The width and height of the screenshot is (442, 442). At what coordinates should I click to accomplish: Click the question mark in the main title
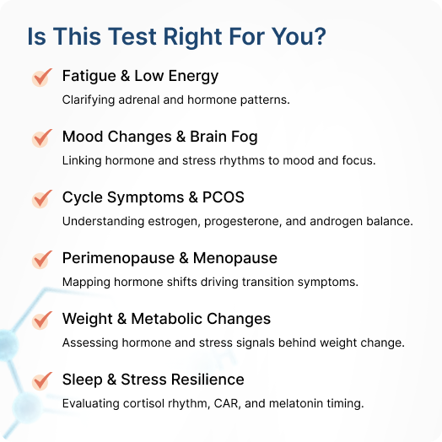(320, 36)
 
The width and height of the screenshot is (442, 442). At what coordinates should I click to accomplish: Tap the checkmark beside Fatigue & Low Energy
(42, 78)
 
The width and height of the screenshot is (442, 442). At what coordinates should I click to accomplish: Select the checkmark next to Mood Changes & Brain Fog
(42, 138)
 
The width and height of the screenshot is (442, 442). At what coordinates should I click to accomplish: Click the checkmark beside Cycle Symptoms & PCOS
(42, 199)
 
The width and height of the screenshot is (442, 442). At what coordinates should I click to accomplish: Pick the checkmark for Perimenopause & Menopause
(42, 260)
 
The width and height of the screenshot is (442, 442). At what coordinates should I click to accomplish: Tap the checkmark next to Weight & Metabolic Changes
(42, 321)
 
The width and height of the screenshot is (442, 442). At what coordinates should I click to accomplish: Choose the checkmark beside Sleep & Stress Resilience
(42, 381)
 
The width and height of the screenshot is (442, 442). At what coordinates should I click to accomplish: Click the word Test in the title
(132, 36)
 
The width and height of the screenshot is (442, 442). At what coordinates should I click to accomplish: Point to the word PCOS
(224, 197)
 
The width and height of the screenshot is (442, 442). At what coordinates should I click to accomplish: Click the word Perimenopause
(118, 258)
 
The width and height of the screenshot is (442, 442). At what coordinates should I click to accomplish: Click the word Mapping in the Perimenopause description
(86, 283)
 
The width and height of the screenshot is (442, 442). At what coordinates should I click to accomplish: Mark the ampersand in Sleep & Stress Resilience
(111, 380)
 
